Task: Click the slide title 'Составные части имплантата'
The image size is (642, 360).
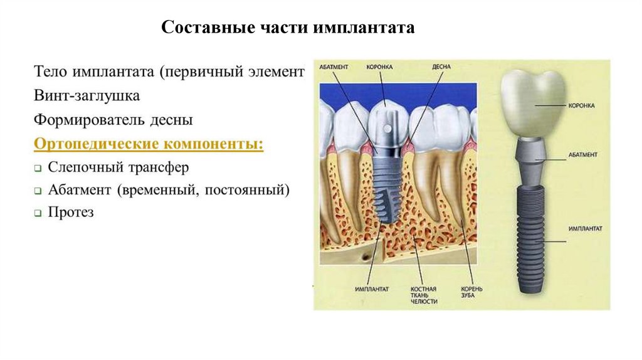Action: pos(288,28)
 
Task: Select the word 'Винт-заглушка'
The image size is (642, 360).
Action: pos(87,96)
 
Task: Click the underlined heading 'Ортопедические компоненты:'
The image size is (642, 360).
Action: pos(149,144)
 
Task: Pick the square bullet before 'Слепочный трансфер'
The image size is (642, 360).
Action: pos(38,169)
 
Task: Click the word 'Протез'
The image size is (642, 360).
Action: pos(71,213)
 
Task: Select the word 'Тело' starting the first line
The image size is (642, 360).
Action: pos(51,73)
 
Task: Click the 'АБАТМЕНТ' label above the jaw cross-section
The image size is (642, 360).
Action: pos(334,66)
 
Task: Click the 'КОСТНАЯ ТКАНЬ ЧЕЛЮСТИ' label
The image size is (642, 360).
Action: pos(423,295)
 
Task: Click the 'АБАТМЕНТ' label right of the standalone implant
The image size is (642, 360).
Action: pos(584,154)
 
